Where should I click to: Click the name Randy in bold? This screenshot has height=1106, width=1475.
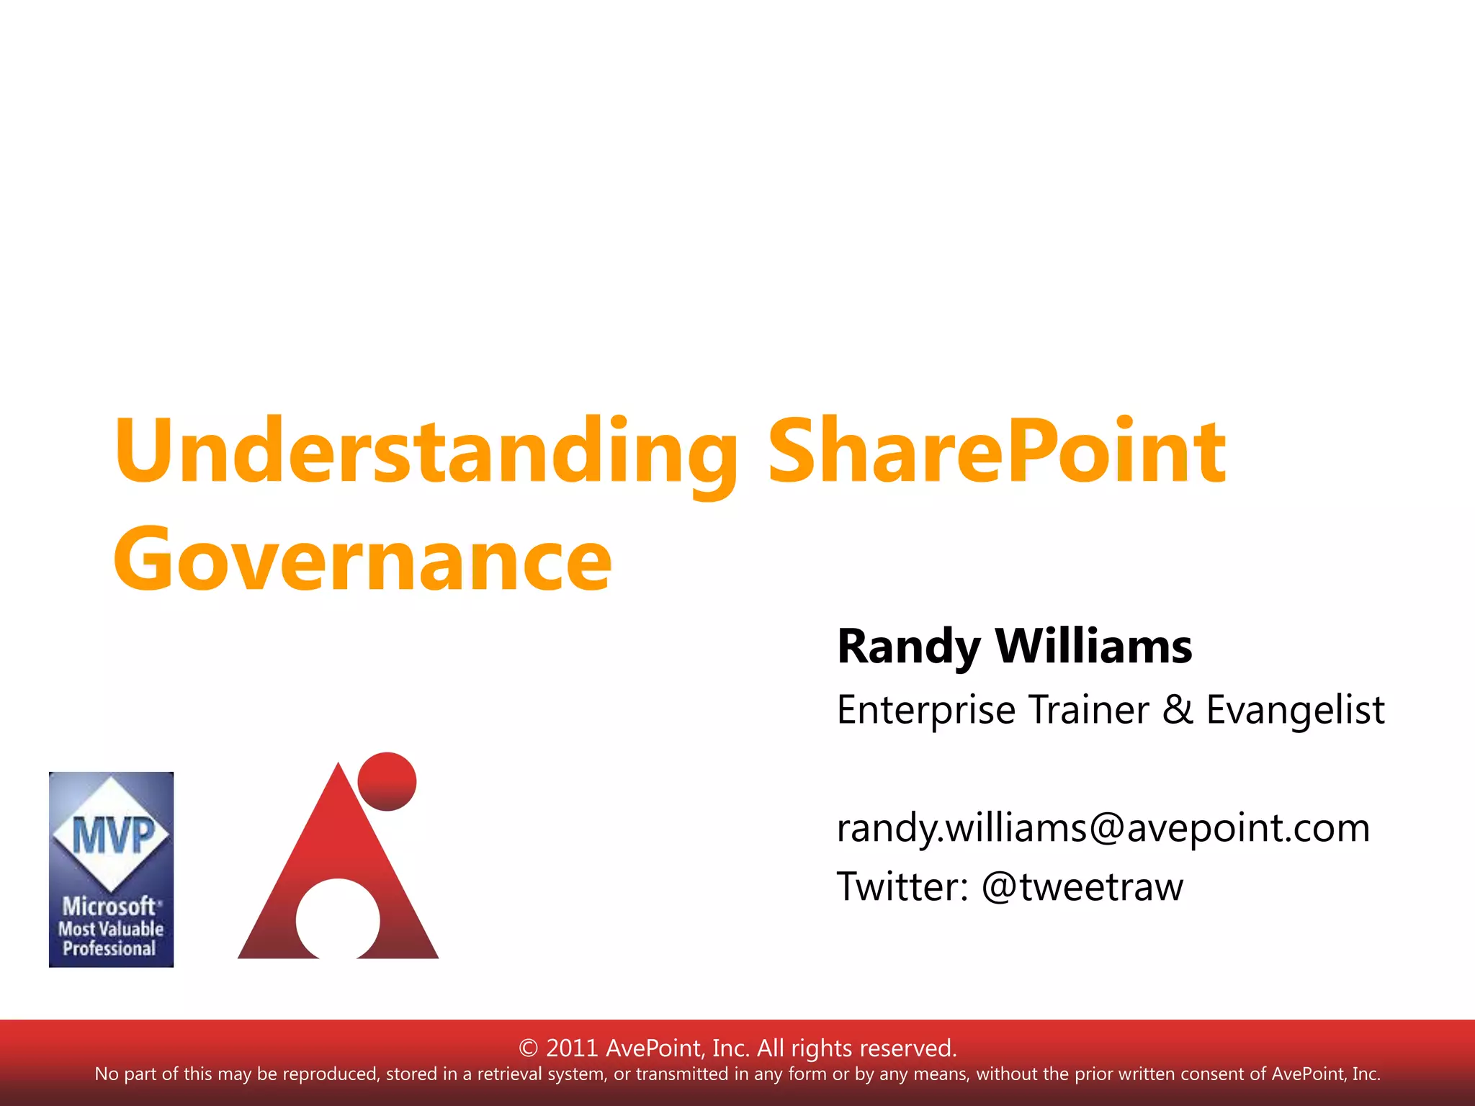(x=907, y=646)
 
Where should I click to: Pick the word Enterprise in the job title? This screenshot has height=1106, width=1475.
(x=927, y=711)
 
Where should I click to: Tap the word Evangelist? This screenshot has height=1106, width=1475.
(x=1295, y=711)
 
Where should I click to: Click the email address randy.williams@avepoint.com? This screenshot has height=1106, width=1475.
(x=1103, y=828)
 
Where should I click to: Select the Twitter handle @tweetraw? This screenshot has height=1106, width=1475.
(x=1082, y=886)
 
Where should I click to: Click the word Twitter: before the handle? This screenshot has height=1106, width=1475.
(x=902, y=886)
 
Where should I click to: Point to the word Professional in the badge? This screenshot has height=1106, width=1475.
(x=109, y=949)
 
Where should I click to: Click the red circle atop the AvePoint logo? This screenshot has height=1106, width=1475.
(x=387, y=781)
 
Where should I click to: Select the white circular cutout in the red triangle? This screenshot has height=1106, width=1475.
(x=337, y=919)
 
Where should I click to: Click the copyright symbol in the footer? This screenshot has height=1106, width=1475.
(x=528, y=1048)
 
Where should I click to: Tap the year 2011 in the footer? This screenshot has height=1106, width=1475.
(x=572, y=1048)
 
